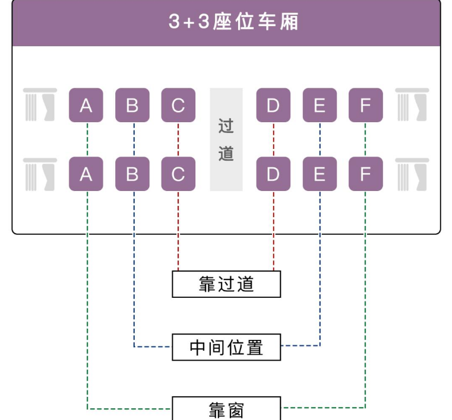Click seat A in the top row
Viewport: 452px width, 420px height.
[86, 106]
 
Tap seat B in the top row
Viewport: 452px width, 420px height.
[132, 106]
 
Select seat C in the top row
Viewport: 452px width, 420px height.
[178, 106]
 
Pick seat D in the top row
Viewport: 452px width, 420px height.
[273, 106]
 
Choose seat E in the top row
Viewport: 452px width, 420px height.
[320, 106]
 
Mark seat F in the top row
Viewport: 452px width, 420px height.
[365, 106]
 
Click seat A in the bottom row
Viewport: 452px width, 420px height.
[86, 174]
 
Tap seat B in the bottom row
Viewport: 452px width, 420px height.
[132, 174]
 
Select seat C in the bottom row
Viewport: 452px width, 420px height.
[178, 174]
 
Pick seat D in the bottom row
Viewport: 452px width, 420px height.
[273, 174]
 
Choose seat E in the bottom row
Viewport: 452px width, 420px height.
[320, 174]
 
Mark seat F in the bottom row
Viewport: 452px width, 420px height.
[365, 174]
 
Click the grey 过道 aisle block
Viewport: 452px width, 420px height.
[226, 140]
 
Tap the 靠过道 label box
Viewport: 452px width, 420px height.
[226, 284]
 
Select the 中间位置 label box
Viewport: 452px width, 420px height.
[226, 347]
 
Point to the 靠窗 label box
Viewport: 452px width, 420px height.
[226, 409]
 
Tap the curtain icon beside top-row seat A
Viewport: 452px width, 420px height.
[40, 105]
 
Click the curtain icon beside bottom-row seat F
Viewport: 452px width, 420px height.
[412, 174]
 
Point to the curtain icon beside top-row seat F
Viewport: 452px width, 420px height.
[412, 105]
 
